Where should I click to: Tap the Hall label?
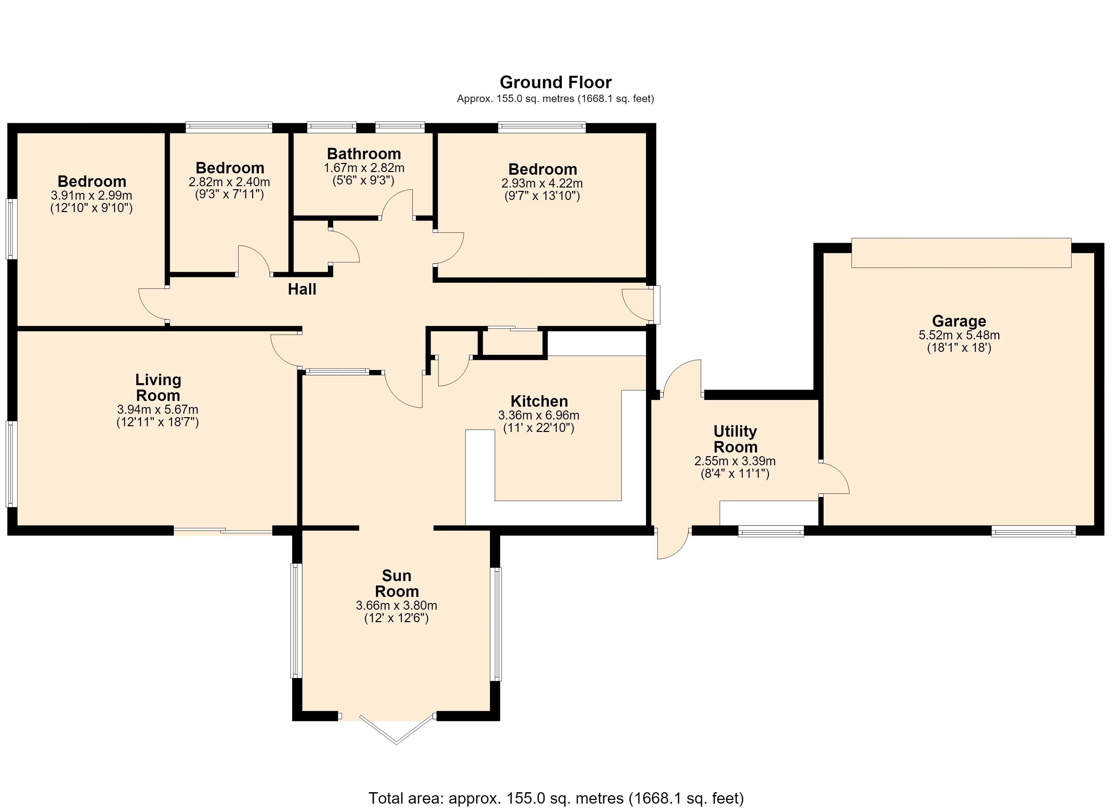302,289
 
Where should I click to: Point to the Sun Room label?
397,583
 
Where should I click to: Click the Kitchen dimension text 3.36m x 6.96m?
539,415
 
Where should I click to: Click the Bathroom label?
364,154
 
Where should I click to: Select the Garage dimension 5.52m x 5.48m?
959,335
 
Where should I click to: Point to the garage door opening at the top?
961,253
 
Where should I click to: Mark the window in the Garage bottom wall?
1033,531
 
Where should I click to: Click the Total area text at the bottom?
556,798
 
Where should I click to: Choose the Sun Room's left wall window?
296,620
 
